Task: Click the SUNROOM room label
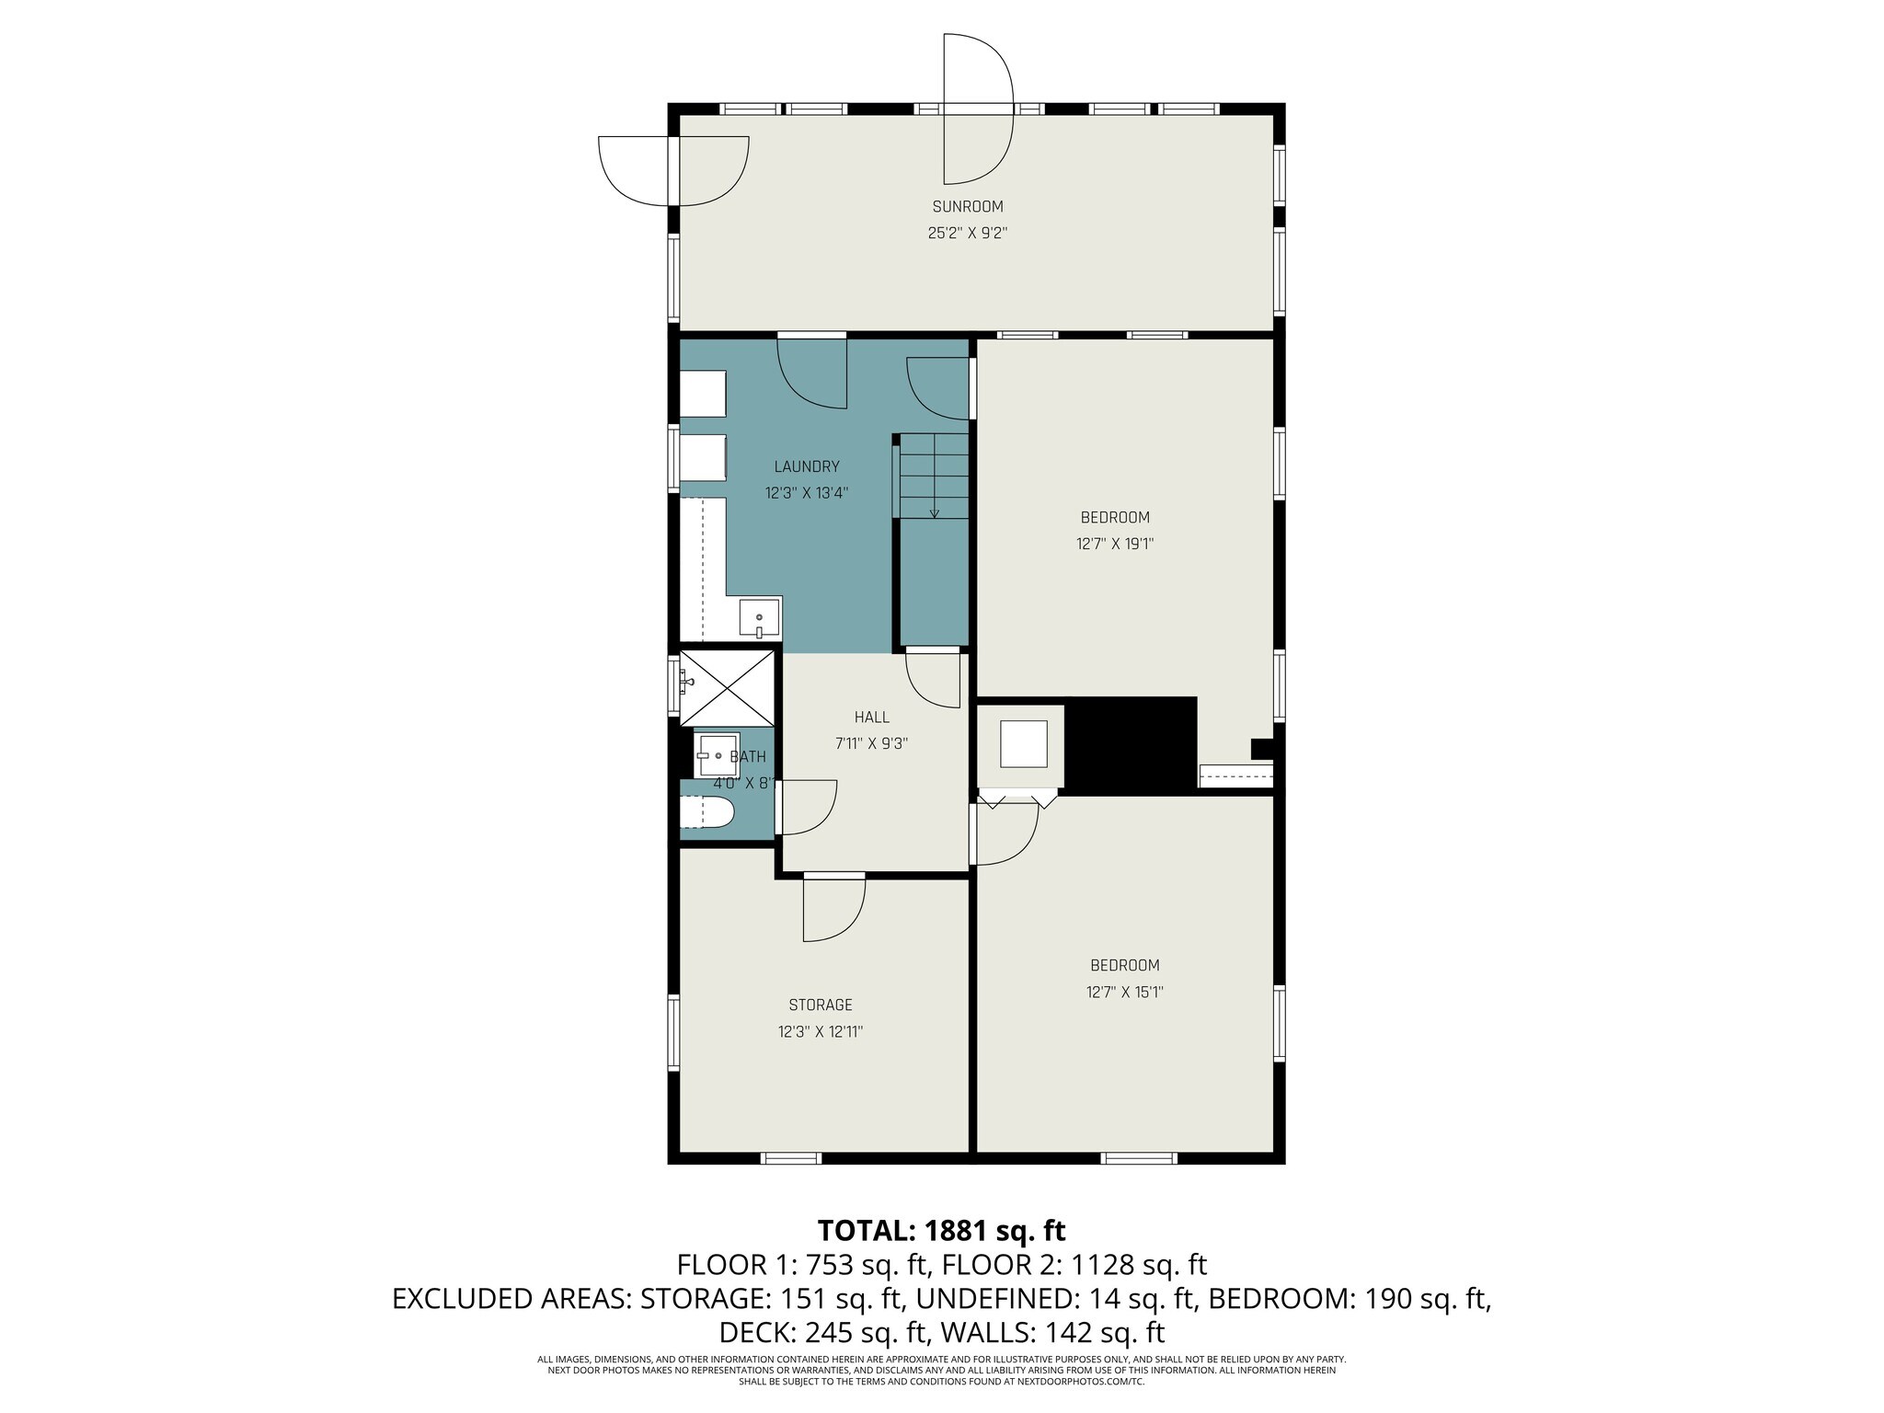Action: pos(967,207)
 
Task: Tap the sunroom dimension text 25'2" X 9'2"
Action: pos(967,234)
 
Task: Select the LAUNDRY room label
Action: pos(806,466)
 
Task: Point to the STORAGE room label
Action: pos(820,1005)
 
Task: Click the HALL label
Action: pos(871,718)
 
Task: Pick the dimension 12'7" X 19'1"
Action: pos(1115,544)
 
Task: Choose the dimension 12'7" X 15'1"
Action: pos(1124,992)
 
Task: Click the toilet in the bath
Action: pos(708,813)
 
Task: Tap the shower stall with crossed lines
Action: pos(727,688)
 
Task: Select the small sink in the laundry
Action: pos(760,617)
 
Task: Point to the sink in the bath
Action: pos(715,755)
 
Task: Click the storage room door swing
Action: pos(833,908)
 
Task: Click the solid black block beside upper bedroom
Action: pos(1132,743)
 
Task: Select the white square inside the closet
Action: pos(1023,744)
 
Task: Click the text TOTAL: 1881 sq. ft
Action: pos(941,1230)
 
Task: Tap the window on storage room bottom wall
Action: pos(791,1158)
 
